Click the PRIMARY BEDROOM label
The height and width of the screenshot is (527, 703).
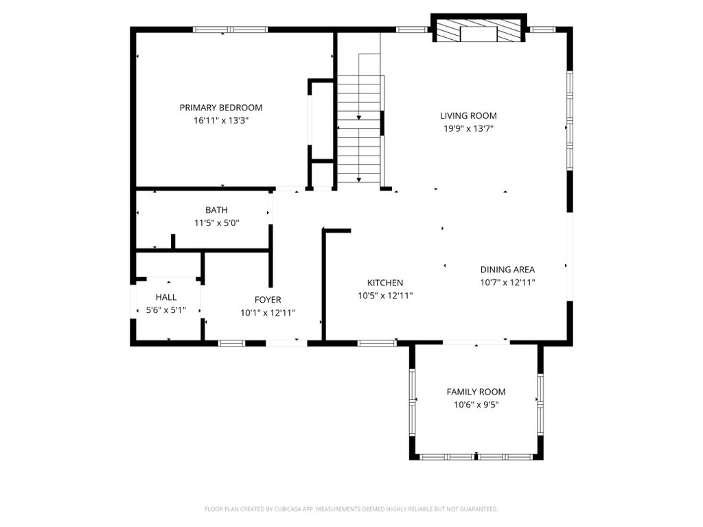tap(221, 108)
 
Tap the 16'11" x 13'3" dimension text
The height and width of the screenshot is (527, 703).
tap(221, 121)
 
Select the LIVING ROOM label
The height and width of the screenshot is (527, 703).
tap(468, 115)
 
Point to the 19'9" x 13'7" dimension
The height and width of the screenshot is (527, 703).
tap(468, 128)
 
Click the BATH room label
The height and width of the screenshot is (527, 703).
tap(216, 210)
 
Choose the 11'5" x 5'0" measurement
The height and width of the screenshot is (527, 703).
tap(216, 223)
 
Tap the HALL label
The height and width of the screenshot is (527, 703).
tap(166, 297)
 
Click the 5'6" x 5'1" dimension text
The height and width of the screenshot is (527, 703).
tap(166, 310)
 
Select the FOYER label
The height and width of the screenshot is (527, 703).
tap(268, 300)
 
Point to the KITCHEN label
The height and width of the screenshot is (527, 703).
tap(385, 283)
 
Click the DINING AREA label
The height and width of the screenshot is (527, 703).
tap(507, 270)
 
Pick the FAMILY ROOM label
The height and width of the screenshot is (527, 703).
tap(476, 392)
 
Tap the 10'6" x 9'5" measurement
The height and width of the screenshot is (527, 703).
tap(476, 405)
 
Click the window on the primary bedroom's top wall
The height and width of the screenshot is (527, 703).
tap(231, 30)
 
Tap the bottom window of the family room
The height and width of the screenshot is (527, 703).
tap(476, 457)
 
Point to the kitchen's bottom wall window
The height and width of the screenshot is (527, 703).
tap(377, 343)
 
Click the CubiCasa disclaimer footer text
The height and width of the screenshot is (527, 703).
tap(351, 509)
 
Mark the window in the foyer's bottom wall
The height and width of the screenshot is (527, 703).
tap(232, 343)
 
